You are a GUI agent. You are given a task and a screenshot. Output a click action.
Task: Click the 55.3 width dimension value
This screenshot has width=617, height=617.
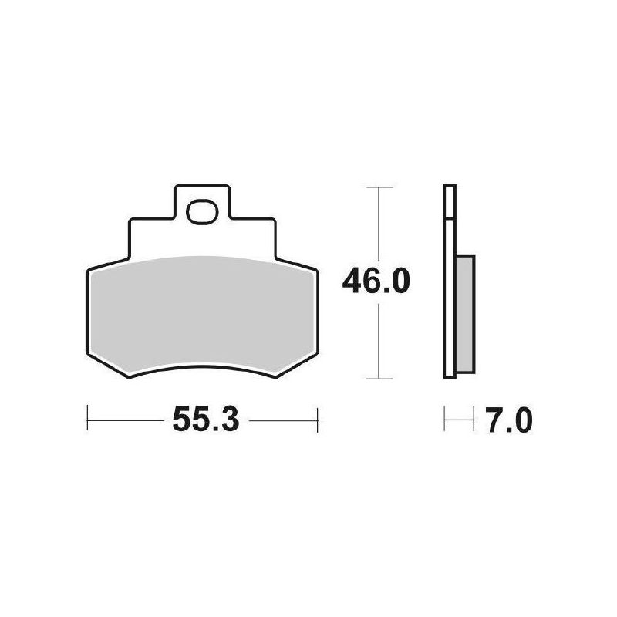tap(206, 420)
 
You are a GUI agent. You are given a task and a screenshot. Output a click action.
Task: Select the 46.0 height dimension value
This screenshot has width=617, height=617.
tap(376, 282)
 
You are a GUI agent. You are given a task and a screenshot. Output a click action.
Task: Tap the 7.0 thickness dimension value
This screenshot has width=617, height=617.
tap(508, 420)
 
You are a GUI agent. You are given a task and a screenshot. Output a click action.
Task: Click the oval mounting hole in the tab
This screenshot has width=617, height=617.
tap(202, 212)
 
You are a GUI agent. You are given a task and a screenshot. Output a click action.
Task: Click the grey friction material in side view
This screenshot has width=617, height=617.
tap(465, 314)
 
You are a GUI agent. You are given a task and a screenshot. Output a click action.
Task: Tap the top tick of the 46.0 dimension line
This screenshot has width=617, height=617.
tap(379, 187)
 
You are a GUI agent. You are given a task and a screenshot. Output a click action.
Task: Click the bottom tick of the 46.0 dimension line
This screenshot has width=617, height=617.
tap(379, 379)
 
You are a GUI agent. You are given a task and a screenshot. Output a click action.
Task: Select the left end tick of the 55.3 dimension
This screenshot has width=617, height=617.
tap(87, 420)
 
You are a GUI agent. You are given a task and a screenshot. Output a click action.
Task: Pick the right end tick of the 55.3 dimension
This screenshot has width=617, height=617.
tap(317, 420)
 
